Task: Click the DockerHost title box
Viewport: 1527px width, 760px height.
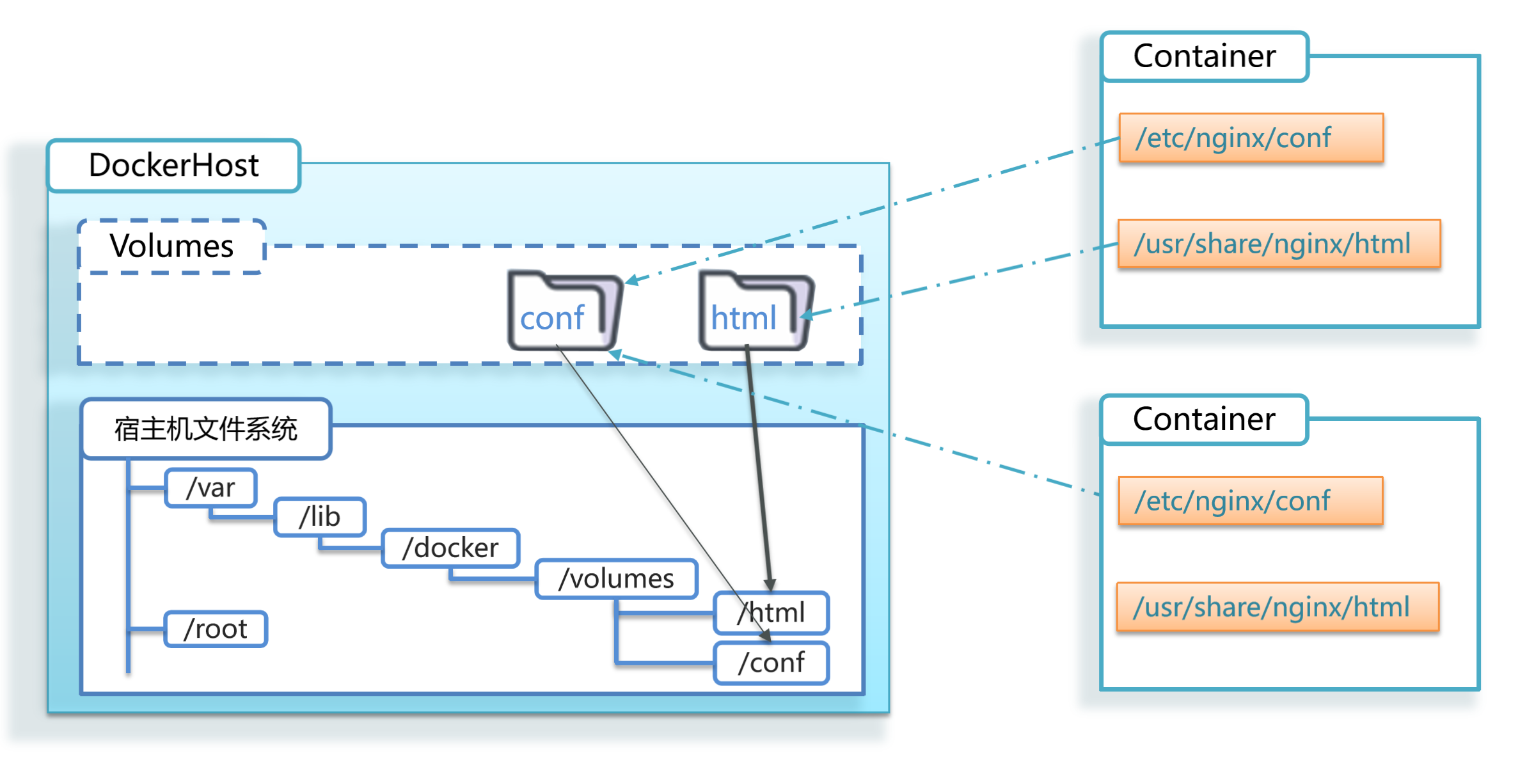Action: (x=174, y=166)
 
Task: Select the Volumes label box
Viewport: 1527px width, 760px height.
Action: (x=171, y=246)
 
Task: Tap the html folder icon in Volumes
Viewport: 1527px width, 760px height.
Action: (x=756, y=311)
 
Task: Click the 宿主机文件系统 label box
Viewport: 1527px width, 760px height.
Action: (x=206, y=429)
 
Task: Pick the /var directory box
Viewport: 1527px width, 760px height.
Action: (x=211, y=487)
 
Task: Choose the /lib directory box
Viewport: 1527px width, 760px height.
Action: (x=320, y=517)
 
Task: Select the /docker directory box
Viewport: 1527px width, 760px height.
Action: (x=450, y=548)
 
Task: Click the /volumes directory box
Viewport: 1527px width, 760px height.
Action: (x=616, y=579)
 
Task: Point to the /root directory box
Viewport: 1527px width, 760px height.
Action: (x=216, y=629)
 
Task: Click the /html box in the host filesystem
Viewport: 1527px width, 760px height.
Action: (x=771, y=613)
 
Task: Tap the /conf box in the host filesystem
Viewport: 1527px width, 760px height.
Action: (x=771, y=663)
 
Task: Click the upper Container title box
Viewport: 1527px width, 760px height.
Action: (x=1205, y=56)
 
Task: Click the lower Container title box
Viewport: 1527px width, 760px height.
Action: (x=1205, y=419)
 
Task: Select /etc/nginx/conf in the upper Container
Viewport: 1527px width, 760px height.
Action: (x=1251, y=138)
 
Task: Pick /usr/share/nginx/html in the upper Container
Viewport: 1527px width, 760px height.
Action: (x=1279, y=244)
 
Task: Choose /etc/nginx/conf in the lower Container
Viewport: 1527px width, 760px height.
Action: (x=1251, y=501)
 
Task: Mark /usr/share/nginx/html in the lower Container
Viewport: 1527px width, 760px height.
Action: (x=1278, y=606)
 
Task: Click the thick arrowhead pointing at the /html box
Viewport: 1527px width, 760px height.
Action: (x=770, y=585)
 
